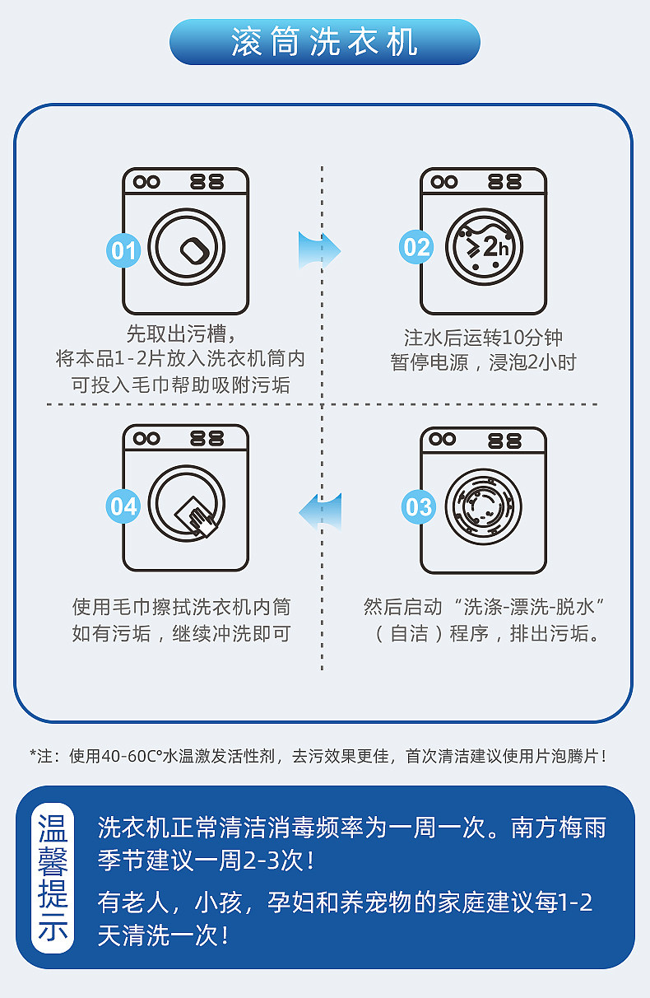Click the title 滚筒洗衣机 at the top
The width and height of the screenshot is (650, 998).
324,42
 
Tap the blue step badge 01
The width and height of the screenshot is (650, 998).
123,249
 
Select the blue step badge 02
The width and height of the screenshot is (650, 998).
416,247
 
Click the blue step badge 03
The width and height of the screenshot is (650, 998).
418,506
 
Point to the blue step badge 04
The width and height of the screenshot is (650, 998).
123,506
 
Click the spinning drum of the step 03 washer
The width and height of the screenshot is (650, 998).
484,506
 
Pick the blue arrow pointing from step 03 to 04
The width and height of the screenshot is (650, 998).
320,511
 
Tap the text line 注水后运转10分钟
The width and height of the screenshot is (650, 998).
483,338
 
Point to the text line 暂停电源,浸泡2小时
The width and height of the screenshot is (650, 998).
483,362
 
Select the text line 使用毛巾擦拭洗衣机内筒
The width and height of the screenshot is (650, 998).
181,608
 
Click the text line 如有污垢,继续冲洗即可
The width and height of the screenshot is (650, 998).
181,634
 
